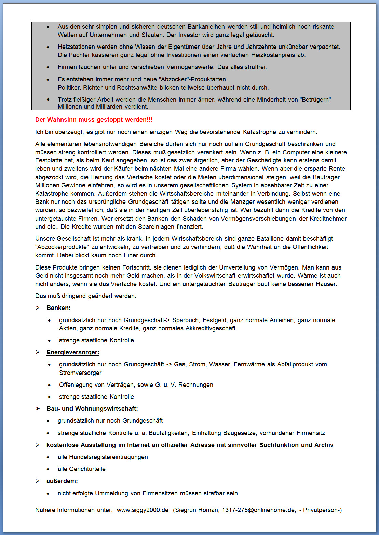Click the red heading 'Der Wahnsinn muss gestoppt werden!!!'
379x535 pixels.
pyautogui.click(x=94, y=120)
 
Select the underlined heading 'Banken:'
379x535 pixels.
pyautogui.click(x=58, y=308)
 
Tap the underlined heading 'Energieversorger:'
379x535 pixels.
pyautogui.click(x=73, y=352)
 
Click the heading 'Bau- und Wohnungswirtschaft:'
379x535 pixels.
pyautogui.click(x=92, y=409)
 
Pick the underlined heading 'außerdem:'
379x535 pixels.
pyautogui.click(x=62, y=481)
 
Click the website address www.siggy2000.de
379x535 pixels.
pyautogui.click(x=143, y=510)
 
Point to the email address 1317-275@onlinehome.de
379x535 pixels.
pyautogui.click(x=259, y=510)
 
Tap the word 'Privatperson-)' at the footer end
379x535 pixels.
pyautogui.click(x=323, y=510)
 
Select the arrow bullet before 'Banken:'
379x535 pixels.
pyautogui.click(x=38, y=308)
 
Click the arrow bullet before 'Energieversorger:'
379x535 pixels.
pyautogui.click(x=38, y=352)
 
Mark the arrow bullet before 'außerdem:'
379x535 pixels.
pyautogui.click(x=38, y=481)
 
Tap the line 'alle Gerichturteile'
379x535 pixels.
pyautogui.click(x=81, y=469)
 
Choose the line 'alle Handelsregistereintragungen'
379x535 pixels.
pyautogui.click(x=103, y=457)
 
